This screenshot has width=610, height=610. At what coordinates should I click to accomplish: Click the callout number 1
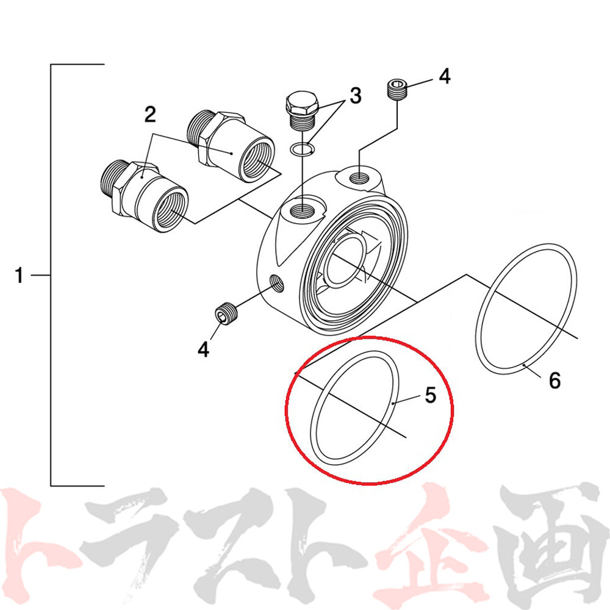(x=19, y=275)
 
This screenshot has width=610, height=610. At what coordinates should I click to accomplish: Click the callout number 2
(x=150, y=115)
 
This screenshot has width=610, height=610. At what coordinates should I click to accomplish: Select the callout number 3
(x=355, y=95)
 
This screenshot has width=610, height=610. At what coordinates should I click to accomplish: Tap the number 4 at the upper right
(x=444, y=76)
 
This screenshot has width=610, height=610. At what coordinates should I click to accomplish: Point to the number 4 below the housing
(x=203, y=349)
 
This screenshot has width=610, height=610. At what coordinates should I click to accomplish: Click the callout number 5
(x=430, y=395)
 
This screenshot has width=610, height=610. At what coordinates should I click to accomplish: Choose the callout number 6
(x=554, y=380)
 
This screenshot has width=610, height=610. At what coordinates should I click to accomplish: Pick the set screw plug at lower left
(x=225, y=313)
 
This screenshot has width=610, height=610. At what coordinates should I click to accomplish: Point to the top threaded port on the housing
(x=359, y=179)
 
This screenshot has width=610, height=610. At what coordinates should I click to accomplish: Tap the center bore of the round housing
(x=345, y=260)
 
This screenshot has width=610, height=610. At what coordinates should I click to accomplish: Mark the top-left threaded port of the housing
(x=303, y=212)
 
